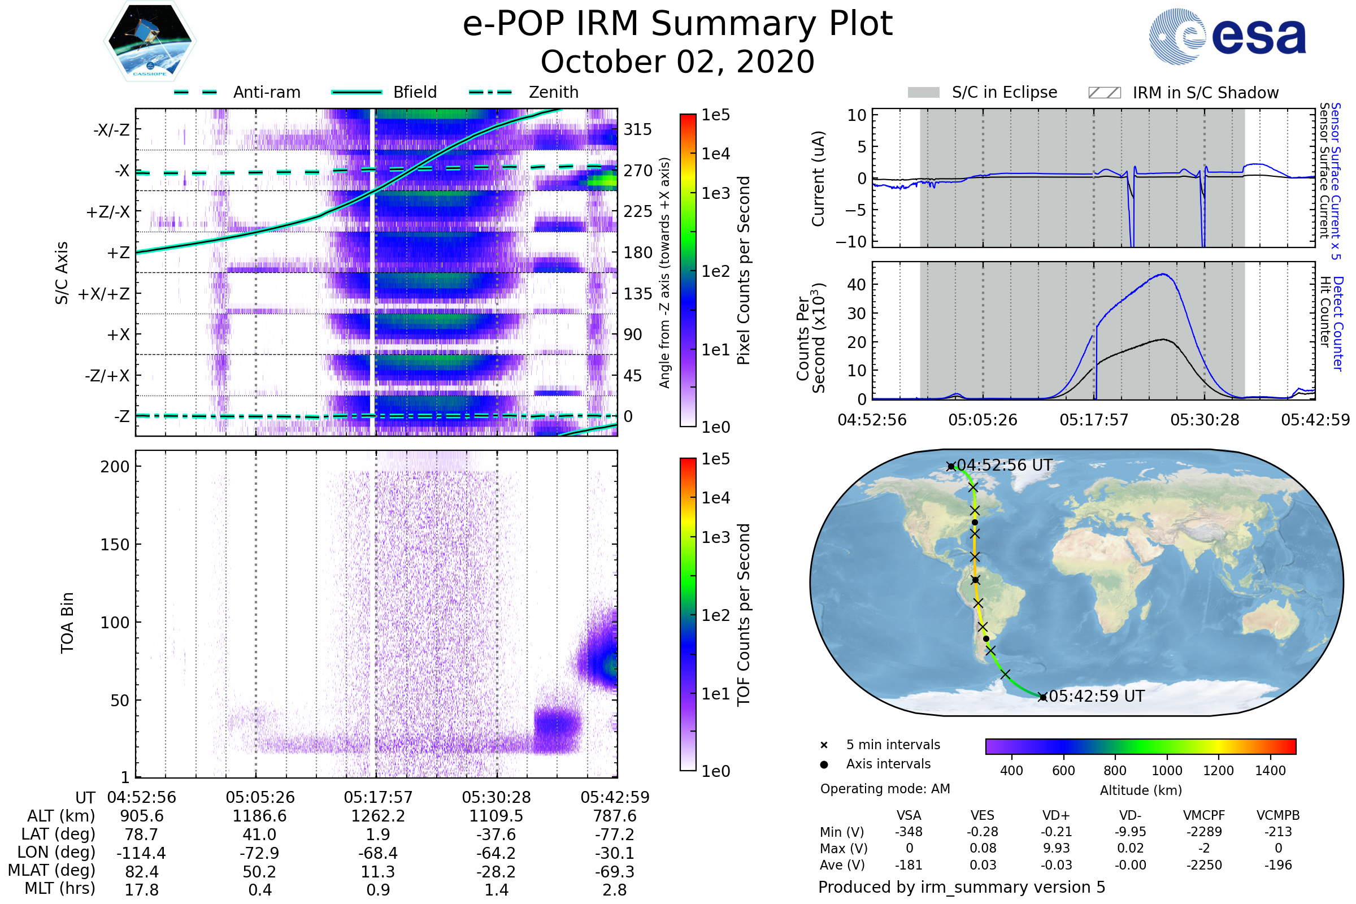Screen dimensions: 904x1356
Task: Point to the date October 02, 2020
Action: (677, 62)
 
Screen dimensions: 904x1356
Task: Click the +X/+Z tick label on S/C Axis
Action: (104, 294)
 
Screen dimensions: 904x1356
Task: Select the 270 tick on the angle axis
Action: (638, 171)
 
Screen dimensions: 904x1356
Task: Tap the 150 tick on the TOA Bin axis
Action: (115, 545)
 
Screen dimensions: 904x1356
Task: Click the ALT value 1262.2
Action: (378, 816)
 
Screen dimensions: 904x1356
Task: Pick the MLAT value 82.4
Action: (142, 872)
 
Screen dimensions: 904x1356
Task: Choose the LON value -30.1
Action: (615, 853)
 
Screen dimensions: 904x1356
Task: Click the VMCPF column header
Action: (1204, 816)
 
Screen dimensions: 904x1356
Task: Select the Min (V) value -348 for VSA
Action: (909, 832)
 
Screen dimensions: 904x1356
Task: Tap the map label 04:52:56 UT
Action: (1005, 465)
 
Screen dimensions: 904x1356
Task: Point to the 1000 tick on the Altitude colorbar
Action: (1167, 771)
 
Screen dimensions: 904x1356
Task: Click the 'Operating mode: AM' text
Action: (885, 789)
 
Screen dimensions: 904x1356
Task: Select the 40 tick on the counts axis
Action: (856, 285)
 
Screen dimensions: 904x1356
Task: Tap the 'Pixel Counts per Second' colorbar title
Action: (744, 271)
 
